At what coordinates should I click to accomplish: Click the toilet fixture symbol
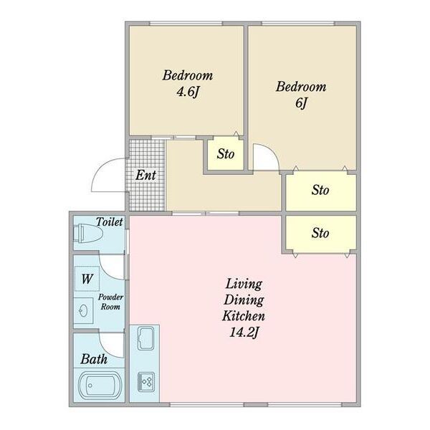[x=87, y=234]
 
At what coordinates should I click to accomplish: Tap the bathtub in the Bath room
[x=100, y=386]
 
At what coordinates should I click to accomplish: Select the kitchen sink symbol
[x=145, y=338]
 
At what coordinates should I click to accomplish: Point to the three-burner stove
[x=146, y=381]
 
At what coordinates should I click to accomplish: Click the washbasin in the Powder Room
[x=84, y=311]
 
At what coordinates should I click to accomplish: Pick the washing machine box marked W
[x=87, y=278]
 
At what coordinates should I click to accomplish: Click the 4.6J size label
[x=187, y=92]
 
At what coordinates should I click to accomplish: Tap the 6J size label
[x=301, y=103]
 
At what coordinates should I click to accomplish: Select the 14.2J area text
[x=244, y=333]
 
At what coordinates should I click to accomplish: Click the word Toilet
[x=109, y=222]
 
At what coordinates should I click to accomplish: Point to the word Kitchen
[x=244, y=316]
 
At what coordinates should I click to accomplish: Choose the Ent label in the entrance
[x=146, y=175]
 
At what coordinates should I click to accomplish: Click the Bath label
[x=94, y=359]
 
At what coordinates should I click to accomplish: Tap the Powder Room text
[x=110, y=302]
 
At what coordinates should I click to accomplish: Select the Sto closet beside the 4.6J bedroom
[x=226, y=154]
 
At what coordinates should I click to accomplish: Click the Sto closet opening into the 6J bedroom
[x=320, y=191]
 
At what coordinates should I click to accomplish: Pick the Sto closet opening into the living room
[x=320, y=233]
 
